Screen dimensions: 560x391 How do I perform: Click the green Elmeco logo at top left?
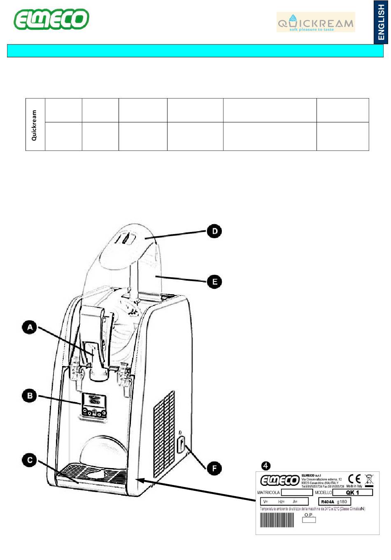click(x=51, y=19)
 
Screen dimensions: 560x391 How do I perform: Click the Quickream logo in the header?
click(x=316, y=22)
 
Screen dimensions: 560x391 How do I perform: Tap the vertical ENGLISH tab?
click(x=381, y=22)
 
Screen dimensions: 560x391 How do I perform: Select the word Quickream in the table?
click(x=35, y=125)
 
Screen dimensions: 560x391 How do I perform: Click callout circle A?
click(x=30, y=328)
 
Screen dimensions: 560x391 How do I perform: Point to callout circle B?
click(x=30, y=396)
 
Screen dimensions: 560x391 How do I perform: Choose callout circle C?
click(x=30, y=460)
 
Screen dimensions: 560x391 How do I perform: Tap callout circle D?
click(x=214, y=231)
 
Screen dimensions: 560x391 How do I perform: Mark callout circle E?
click(x=214, y=282)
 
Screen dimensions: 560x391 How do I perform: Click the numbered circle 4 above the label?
click(x=266, y=466)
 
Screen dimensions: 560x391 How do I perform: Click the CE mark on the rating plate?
click(x=354, y=479)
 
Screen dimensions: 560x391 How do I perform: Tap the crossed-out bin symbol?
click(x=369, y=479)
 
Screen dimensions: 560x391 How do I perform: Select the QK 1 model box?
click(x=352, y=492)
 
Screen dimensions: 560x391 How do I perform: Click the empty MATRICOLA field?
click(x=297, y=492)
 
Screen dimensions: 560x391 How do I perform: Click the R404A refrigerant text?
click(x=328, y=502)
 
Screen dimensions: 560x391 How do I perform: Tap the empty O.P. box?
click(x=309, y=520)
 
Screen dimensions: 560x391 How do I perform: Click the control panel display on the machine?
click(x=95, y=400)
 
